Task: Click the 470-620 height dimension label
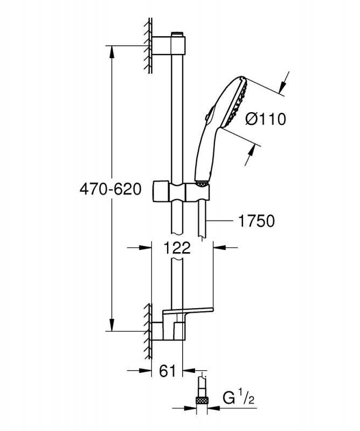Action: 110,190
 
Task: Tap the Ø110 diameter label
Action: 266,119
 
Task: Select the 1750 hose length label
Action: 257,221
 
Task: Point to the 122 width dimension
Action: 177,248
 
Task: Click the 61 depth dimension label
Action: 167,371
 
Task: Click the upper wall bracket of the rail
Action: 169,45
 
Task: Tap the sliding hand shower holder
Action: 182,191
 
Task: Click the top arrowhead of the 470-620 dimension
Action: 112,52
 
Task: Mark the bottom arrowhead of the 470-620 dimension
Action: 112,325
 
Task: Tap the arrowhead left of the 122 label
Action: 145,248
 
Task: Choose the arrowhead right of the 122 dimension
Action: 220,248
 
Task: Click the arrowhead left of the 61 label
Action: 145,371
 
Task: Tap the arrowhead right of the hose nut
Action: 215,408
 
